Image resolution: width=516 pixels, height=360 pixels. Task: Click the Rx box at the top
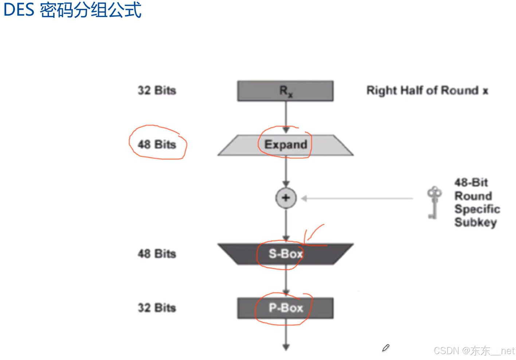(x=285, y=91)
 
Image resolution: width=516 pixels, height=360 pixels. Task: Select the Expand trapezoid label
(x=286, y=144)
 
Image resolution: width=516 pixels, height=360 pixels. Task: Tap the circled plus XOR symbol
(x=286, y=198)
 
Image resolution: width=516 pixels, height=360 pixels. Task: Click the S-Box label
(x=286, y=253)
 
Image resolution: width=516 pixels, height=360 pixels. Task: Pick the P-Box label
(x=286, y=308)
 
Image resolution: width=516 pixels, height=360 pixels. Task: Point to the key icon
(x=434, y=202)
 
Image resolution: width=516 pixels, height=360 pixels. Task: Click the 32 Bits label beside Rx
(x=157, y=90)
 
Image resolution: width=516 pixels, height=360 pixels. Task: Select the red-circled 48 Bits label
(x=157, y=144)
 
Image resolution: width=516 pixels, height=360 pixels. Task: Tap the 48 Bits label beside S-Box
(x=157, y=253)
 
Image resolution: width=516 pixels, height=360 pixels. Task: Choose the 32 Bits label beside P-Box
(x=157, y=308)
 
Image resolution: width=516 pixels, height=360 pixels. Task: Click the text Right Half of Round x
(x=427, y=90)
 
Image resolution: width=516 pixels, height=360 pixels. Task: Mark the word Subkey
(x=475, y=222)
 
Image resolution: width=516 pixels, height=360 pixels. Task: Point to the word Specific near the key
(x=477, y=209)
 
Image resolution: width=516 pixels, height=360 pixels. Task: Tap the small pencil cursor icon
(x=386, y=348)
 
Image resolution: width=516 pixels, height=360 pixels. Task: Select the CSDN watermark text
(x=474, y=351)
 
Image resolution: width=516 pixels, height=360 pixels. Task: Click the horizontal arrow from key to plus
(x=357, y=198)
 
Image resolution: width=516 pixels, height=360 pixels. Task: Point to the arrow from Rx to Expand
(x=286, y=117)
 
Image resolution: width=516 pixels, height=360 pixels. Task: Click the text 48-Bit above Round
(x=471, y=182)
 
